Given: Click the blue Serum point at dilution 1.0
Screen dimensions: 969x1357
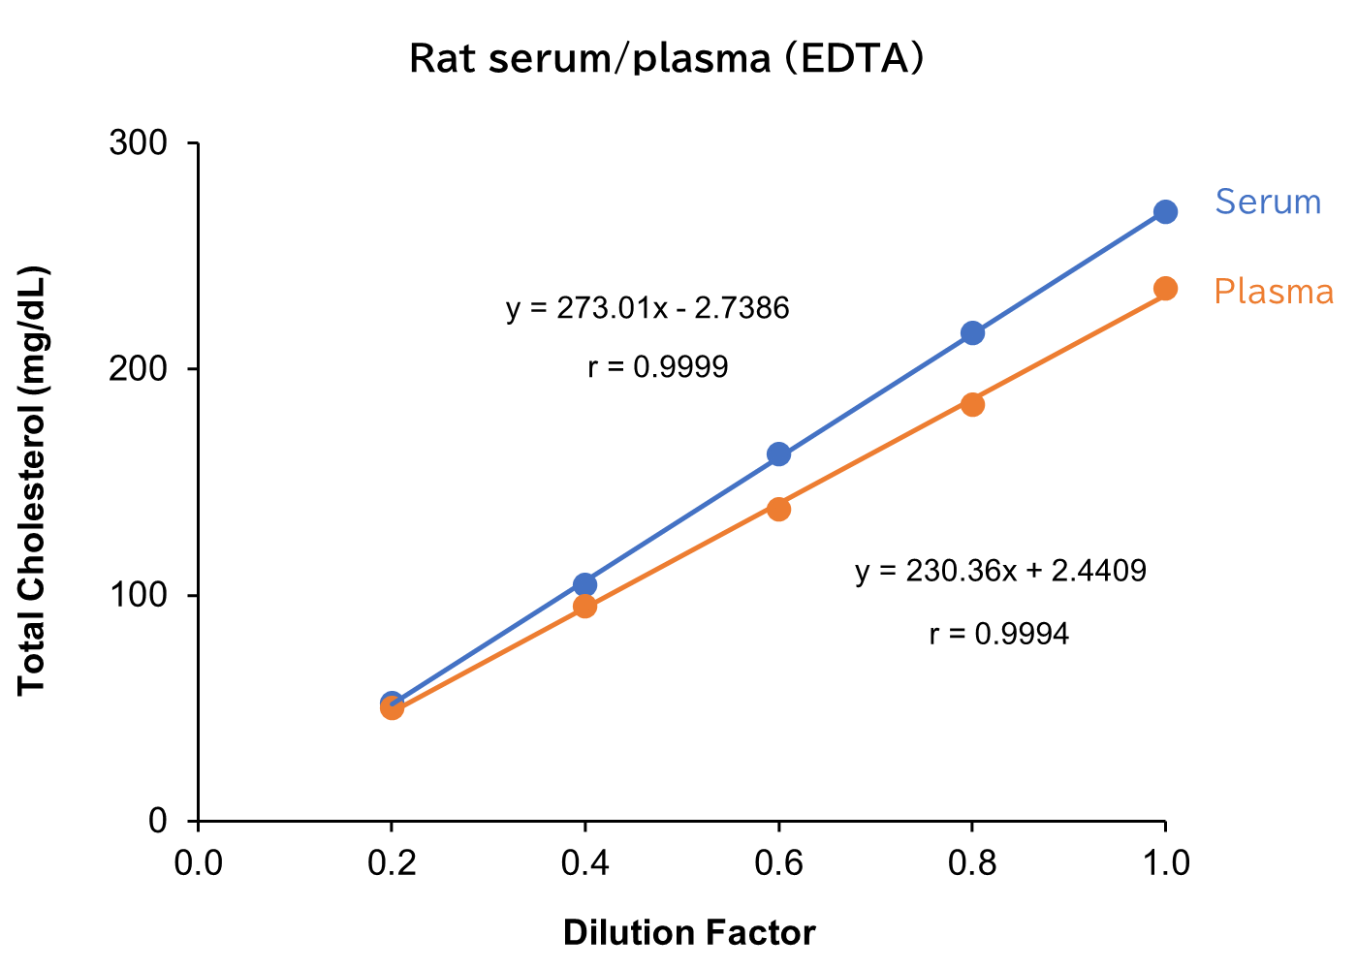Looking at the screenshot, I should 1165,211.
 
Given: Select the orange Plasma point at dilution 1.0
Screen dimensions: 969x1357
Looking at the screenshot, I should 1165,289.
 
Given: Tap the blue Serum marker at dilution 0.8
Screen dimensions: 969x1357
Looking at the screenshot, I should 972,332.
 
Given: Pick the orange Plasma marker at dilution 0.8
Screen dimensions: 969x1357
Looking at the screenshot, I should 972,404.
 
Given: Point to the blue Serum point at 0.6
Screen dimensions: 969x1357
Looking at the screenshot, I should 778,453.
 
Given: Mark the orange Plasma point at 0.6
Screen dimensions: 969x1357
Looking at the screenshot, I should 778,509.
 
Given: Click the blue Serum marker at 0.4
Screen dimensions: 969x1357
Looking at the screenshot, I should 584,583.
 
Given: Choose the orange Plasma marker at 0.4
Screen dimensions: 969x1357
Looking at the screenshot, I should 584,607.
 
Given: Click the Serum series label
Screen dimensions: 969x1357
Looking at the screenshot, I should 1268,202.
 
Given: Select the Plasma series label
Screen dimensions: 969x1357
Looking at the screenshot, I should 1274,292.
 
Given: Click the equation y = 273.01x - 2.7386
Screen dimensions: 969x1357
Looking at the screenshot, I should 647,308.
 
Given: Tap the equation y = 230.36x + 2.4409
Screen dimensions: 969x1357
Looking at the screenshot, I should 1000,571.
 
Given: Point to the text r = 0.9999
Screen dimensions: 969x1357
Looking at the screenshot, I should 658,367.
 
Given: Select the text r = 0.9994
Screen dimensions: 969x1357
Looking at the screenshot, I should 999,634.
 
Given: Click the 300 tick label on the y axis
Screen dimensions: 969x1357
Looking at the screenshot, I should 139,143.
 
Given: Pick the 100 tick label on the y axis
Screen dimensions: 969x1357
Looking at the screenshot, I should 139,595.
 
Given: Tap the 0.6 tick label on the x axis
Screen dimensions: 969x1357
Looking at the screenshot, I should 778,862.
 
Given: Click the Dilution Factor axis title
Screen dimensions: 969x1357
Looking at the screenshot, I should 689,933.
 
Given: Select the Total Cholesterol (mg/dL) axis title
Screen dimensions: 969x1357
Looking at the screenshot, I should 32,480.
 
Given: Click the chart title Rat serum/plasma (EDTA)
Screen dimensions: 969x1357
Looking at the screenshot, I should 666,58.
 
